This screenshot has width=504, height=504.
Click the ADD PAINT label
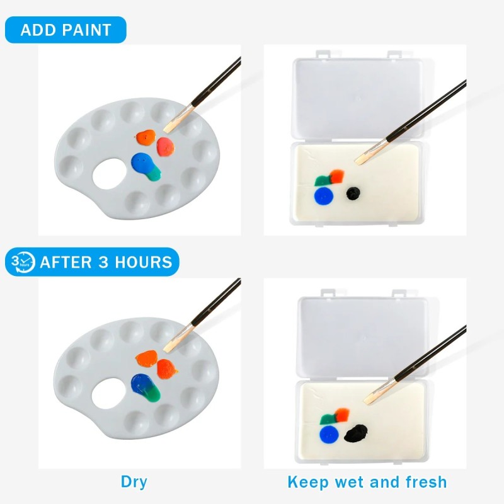(66, 30)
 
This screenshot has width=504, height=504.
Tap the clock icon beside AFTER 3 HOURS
(23, 262)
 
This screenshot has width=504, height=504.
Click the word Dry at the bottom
(134, 481)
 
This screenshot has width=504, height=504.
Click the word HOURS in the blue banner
(144, 262)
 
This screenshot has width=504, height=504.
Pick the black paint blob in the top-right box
(353, 193)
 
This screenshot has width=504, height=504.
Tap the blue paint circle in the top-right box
(324, 195)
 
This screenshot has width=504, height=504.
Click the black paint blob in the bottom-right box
(356, 433)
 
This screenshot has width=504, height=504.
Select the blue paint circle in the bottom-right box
(329, 435)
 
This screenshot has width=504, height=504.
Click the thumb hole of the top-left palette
(108, 174)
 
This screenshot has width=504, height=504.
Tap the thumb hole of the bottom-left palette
(108, 393)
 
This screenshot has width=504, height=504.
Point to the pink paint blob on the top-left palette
(166, 147)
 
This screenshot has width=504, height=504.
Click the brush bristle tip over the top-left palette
(167, 130)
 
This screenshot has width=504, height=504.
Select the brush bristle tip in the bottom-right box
(367, 401)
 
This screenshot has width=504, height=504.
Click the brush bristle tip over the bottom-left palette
(166, 350)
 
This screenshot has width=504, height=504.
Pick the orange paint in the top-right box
(337, 176)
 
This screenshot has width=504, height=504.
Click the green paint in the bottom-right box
(328, 419)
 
